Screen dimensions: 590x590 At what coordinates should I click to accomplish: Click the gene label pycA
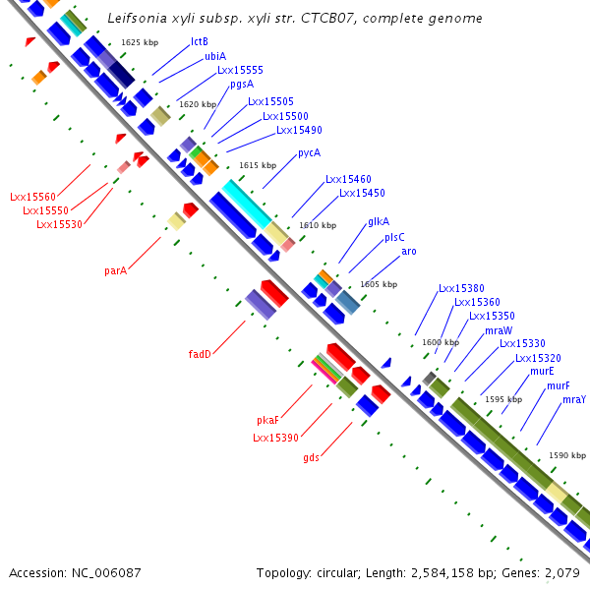(x=309, y=152)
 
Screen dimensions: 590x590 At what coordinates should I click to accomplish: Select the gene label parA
(x=116, y=270)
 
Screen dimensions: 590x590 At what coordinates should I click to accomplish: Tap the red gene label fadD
(x=200, y=354)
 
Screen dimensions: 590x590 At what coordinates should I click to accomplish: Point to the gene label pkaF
(x=268, y=420)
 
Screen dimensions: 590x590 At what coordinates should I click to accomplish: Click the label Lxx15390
(x=275, y=438)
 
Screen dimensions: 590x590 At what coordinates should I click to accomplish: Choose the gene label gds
(x=311, y=457)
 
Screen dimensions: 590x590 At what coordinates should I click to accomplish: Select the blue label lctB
(x=200, y=42)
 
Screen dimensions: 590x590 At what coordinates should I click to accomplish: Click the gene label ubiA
(x=215, y=57)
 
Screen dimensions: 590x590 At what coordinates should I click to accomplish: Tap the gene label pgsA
(x=242, y=85)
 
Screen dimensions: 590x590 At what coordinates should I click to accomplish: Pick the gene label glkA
(x=379, y=222)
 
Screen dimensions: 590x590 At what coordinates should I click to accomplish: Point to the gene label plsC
(x=394, y=237)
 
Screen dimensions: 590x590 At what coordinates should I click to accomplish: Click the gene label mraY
(x=574, y=399)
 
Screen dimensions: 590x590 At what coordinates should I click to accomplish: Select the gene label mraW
(x=497, y=330)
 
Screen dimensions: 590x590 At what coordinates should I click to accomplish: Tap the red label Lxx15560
(x=33, y=197)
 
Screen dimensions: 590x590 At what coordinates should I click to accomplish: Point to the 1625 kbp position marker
(x=140, y=42)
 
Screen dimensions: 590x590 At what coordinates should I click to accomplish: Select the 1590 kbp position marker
(x=566, y=455)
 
